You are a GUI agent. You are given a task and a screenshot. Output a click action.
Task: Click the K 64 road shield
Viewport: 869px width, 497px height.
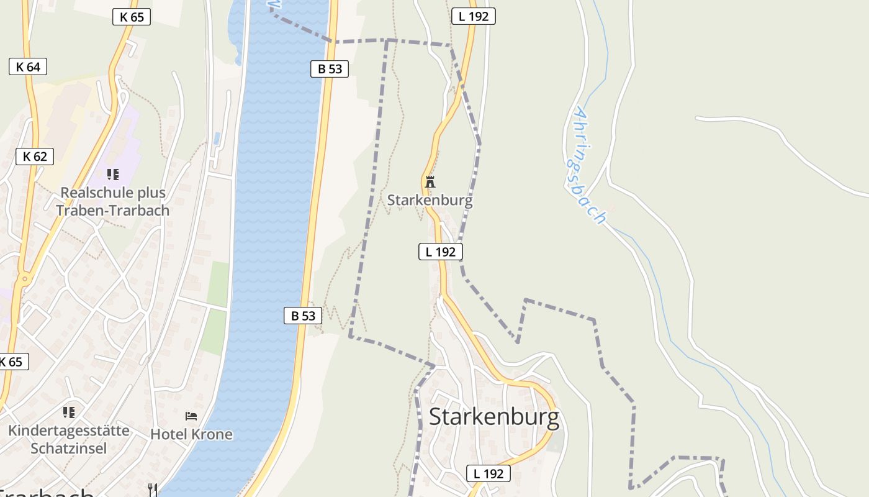coord(28,66)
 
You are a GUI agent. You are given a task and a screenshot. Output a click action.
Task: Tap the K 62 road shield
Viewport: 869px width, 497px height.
coord(35,156)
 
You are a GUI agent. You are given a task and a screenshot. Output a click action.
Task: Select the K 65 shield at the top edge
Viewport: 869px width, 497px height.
coord(132,17)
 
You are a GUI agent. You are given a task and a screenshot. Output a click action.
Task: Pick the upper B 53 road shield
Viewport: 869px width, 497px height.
coord(330,68)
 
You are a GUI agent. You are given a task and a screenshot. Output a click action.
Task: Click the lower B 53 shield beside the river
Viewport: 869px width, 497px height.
coord(303,316)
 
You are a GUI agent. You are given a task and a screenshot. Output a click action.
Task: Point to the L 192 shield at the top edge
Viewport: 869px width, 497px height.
coord(474,16)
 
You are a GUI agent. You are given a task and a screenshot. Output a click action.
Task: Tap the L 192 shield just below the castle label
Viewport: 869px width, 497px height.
coord(441,252)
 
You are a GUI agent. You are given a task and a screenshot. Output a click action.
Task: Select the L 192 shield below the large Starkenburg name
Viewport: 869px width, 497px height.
coord(489,473)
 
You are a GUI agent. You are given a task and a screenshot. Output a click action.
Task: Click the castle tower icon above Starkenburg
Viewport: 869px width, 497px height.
coord(430,182)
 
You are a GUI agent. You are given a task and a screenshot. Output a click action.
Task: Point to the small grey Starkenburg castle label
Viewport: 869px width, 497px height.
coord(430,200)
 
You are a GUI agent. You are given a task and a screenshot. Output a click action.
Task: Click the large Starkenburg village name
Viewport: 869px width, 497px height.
coord(493,417)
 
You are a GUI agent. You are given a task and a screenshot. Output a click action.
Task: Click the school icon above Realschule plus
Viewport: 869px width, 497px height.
coord(112,175)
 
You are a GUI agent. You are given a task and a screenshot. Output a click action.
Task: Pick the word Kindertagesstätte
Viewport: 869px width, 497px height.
coord(69,431)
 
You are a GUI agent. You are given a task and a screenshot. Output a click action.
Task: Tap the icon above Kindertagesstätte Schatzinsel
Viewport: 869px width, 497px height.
coord(69,412)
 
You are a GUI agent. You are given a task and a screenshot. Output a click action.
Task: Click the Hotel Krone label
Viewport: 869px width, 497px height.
coord(191,434)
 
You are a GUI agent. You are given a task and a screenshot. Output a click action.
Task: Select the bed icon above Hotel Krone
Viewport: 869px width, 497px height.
coord(191,416)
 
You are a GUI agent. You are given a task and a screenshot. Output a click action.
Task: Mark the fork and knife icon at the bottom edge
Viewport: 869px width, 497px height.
coord(153,490)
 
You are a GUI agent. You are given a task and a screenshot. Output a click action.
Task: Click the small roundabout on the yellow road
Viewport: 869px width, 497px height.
coord(25,280)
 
